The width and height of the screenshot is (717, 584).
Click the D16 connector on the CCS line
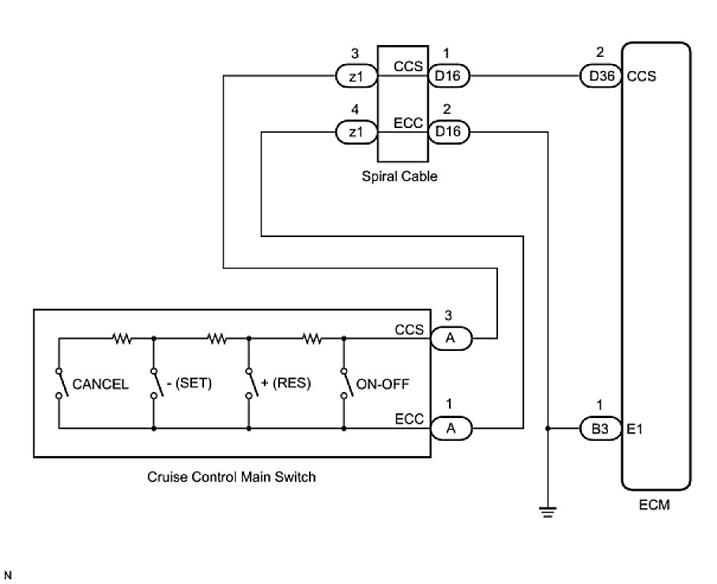click(448, 77)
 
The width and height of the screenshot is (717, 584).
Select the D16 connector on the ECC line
click(448, 133)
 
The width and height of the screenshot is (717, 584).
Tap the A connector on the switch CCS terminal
click(450, 339)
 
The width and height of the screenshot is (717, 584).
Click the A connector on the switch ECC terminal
click(450, 428)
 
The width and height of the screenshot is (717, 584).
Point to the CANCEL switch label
click(100, 384)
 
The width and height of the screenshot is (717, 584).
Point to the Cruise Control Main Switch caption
click(231, 477)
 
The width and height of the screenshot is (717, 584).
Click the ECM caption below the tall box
click(654, 504)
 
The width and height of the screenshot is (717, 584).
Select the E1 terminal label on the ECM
click(636, 429)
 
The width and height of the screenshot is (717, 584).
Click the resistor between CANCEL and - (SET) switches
click(122, 339)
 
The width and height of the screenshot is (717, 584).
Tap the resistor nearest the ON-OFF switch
click(312, 339)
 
